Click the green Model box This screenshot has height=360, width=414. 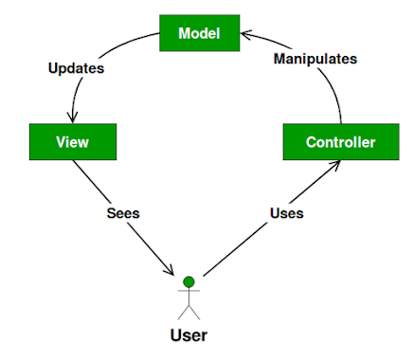coord(199,34)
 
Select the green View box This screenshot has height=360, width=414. coord(73,142)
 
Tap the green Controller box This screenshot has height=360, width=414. coord(340,142)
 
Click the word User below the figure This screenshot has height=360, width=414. coord(188,334)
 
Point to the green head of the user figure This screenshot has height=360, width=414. coord(189,281)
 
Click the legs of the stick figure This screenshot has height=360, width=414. coord(189,310)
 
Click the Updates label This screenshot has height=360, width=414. coord(77,69)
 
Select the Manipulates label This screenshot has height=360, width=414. coord(315,59)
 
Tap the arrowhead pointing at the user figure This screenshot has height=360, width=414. coord(173,272)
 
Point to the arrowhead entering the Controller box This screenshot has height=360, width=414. coord(337,166)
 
